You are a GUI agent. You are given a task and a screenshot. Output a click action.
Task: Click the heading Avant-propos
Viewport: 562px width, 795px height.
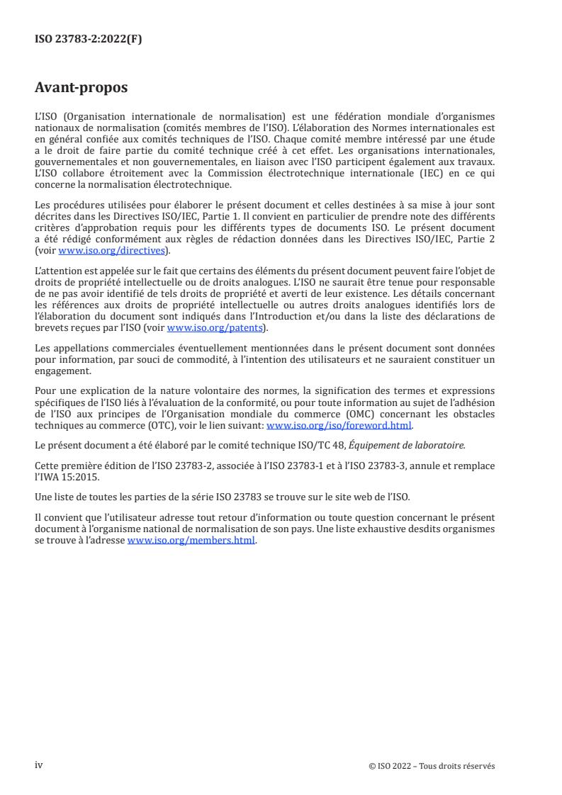pos(82,89)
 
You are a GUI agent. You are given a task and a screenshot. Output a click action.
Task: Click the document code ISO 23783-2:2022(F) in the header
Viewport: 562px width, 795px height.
pos(88,40)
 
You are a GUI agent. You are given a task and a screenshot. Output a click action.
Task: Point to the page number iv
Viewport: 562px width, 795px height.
pos(39,765)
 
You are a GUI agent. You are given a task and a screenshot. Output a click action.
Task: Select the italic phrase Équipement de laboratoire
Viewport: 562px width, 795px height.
pos(419,445)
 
